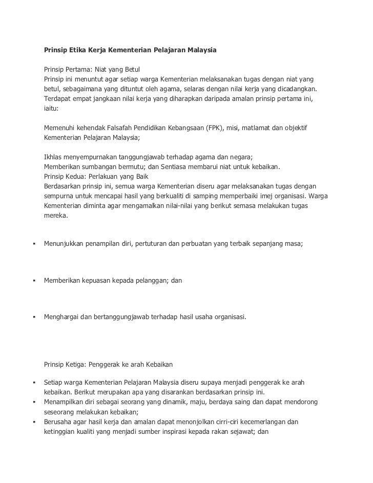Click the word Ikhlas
tap(53, 157)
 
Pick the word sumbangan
tap(99, 166)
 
